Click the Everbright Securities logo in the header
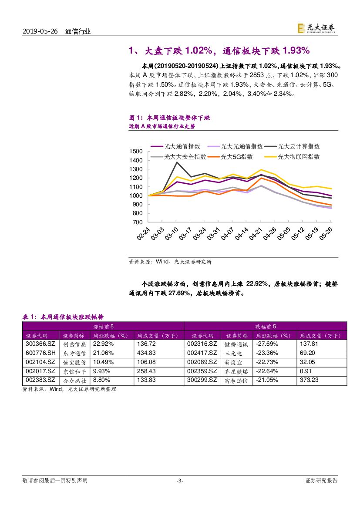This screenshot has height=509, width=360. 316,28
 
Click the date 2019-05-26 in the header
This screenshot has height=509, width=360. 40,31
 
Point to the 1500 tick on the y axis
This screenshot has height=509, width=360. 136,151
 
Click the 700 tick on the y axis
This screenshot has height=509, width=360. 139,222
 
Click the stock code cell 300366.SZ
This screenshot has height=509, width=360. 40,344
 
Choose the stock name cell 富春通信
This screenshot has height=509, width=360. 236,380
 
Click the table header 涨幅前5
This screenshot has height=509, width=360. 103,326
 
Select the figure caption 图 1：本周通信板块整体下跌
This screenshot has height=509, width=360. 170,118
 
